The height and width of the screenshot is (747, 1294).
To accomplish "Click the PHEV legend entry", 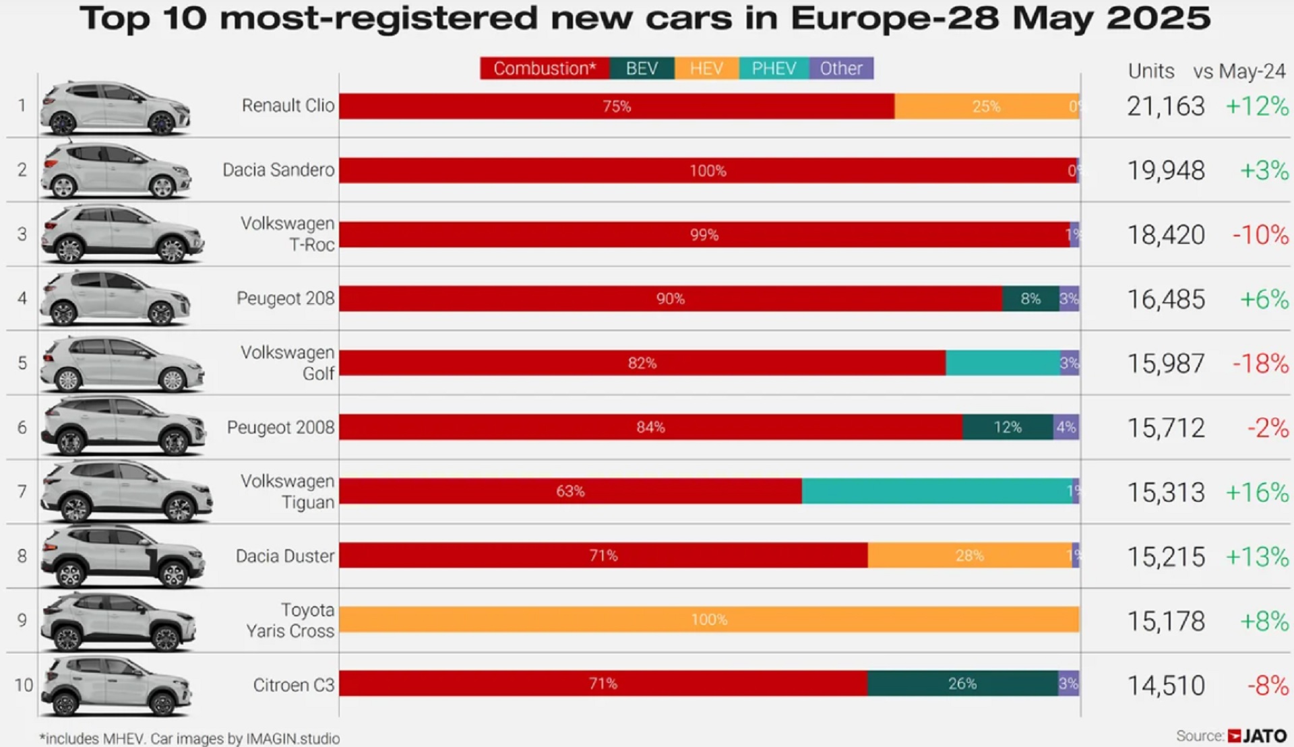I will [774, 68].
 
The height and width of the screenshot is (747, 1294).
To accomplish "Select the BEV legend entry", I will [642, 68].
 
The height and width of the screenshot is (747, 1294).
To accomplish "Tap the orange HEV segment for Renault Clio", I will [986, 106].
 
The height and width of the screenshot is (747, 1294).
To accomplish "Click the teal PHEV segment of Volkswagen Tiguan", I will [937, 491].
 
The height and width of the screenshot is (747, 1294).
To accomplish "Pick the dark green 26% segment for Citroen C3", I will [962, 684].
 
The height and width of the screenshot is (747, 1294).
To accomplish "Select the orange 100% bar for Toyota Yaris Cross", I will [709, 620].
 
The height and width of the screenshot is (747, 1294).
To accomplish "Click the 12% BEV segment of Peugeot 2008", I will [1008, 427].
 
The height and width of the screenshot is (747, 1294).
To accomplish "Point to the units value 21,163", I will [1165, 106].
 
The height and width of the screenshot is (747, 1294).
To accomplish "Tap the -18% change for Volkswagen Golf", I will [1260, 364].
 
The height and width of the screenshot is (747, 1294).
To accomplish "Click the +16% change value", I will [1257, 492].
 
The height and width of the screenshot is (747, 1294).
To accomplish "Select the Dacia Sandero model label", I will [278, 170].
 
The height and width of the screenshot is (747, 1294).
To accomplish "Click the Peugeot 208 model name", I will [285, 298].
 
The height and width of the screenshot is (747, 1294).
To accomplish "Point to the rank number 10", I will [24, 685].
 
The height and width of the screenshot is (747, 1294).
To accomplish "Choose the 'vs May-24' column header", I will [1239, 71].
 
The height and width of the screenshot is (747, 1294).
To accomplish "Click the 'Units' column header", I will [1151, 71].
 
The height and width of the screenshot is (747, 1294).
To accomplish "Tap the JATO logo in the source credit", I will [1258, 736].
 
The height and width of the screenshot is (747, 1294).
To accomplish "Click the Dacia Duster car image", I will [122, 556].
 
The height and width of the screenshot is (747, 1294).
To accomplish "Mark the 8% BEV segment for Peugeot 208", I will [1030, 298].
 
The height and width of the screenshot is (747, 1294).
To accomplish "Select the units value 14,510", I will [1165, 686].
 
